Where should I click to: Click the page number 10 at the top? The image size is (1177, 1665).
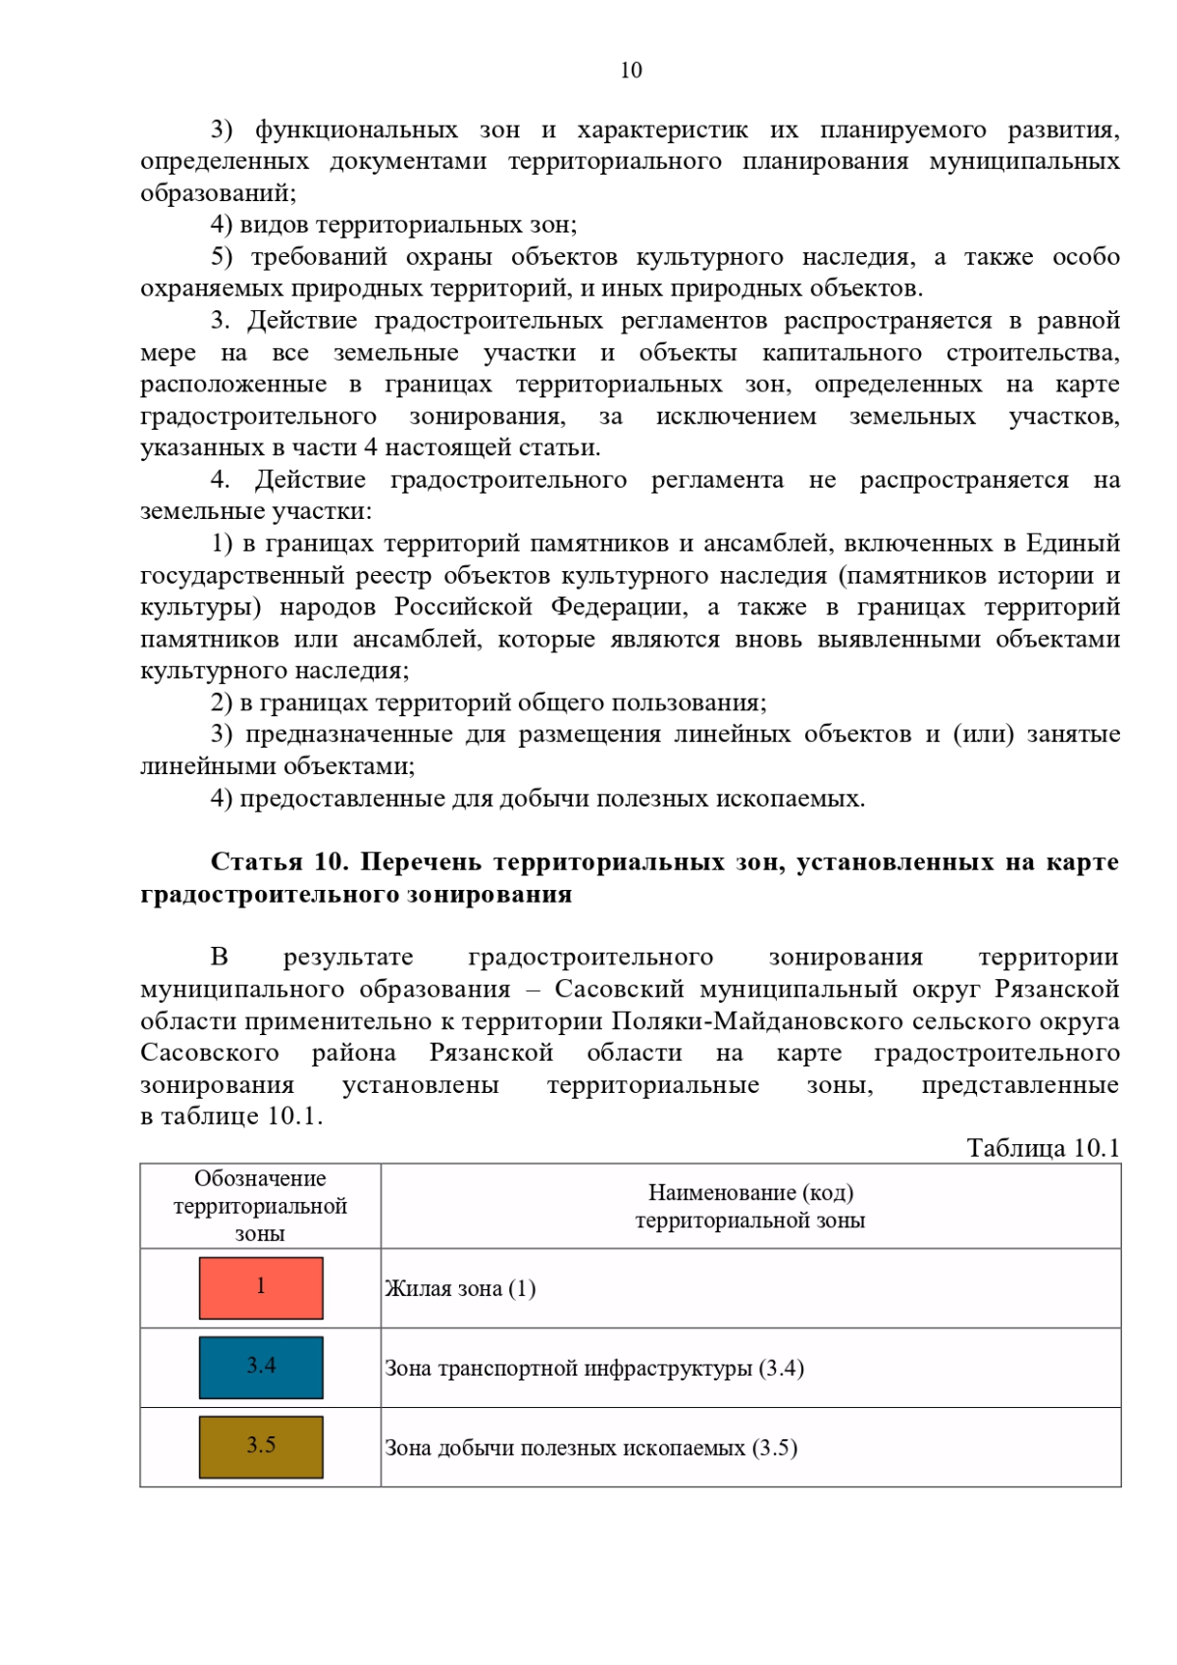click(631, 70)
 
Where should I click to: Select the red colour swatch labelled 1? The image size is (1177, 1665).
click(261, 1287)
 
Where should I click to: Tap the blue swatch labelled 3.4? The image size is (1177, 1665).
click(261, 1367)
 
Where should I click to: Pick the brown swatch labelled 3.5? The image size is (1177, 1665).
click(261, 1446)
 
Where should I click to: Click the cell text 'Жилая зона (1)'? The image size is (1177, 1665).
click(460, 1288)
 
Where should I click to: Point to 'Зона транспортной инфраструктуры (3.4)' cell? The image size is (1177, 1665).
click(594, 1368)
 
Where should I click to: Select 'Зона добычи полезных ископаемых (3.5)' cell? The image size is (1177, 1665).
click(590, 1447)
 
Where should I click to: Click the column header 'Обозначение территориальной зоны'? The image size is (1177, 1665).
click(260, 1206)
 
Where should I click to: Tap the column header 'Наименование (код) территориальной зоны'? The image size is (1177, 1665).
click(750, 1206)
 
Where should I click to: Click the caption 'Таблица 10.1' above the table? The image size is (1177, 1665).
click(1043, 1148)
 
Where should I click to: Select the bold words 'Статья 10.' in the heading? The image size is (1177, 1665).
click(280, 861)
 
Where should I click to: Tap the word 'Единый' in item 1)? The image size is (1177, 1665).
click(1072, 543)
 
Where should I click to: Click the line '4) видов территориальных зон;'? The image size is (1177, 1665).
click(394, 225)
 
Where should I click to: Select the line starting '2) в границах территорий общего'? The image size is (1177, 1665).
click(488, 702)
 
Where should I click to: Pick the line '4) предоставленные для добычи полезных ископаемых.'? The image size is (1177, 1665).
click(537, 798)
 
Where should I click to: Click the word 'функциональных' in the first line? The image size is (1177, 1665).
click(356, 130)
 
